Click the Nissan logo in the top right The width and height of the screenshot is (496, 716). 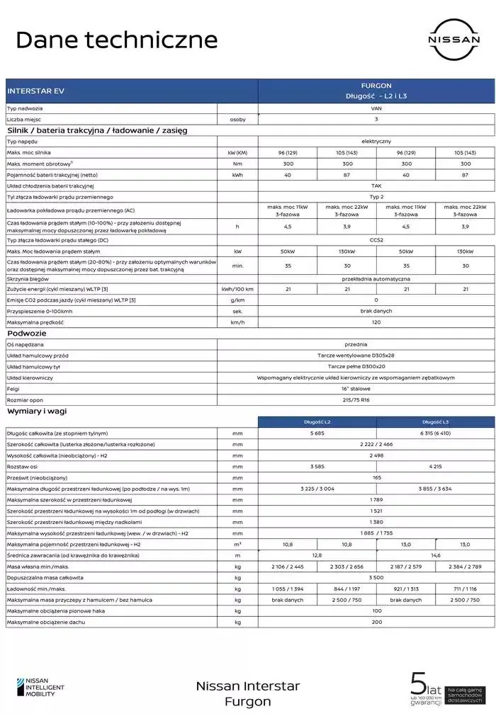click(x=453, y=40)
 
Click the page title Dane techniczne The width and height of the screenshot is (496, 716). click(x=116, y=40)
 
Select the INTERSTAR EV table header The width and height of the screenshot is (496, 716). click(x=35, y=91)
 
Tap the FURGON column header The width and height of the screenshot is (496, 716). click(x=376, y=85)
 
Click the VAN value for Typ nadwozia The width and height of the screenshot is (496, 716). click(x=376, y=109)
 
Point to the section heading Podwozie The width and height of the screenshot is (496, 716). click(x=27, y=332)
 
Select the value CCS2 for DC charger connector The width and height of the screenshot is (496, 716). click(x=376, y=241)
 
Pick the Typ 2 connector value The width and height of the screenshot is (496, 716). click(x=376, y=197)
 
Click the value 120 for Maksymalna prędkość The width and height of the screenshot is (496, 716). click(x=376, y=322)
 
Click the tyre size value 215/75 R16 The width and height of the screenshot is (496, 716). click(x=376, y=400)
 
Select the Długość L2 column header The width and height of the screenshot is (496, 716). click(x=317, y=422)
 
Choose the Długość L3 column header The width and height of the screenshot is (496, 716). click(x=435, y=422)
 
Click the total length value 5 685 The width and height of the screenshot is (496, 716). click(x=317, y=433)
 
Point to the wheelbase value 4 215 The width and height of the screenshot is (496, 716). click(x=435, y=467)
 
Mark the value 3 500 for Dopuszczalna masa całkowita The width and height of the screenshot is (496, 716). click(x=376, y=578)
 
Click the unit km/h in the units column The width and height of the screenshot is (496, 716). click(x=237, y=322)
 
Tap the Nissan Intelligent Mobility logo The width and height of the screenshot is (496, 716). click(x=41, y=688)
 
